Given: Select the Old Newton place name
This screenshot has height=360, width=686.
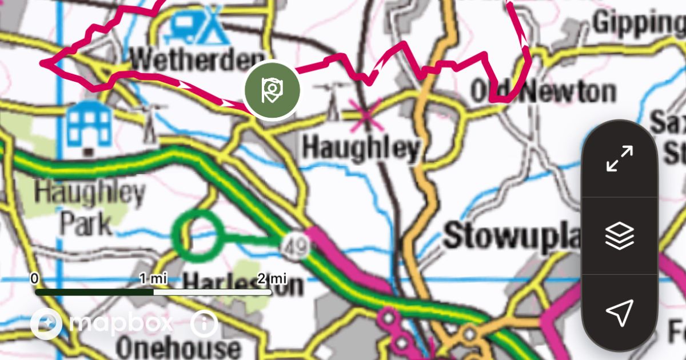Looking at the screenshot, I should coord(543,92).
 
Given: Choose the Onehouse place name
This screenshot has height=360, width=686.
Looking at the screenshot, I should coord(178,347).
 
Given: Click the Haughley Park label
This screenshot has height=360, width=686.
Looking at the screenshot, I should coord(89,209).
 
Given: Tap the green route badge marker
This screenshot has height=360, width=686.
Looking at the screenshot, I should coord(272,90).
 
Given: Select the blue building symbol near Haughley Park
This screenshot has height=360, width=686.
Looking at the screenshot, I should coord(89,125).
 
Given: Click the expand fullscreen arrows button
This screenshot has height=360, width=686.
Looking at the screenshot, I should coord(619,158).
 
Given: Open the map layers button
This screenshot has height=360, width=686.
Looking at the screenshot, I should coord(619,235).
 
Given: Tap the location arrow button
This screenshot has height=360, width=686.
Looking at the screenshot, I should coord(619,312).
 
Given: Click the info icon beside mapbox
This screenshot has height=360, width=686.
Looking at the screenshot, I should coord(204,324).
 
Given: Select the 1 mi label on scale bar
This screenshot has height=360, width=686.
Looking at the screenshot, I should coord(153,279).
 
